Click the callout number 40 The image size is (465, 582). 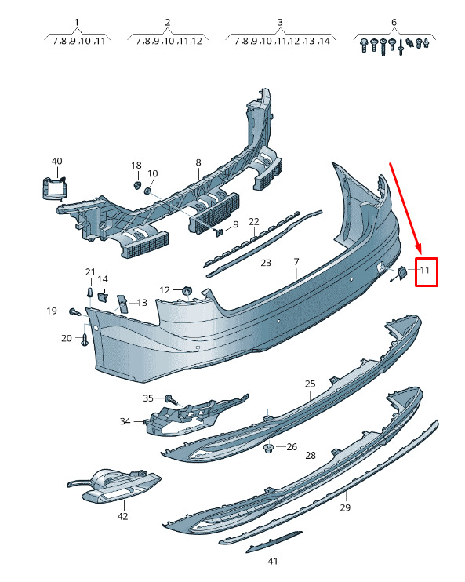click(x=56, y=161)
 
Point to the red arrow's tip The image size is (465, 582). click(x=421, y=253)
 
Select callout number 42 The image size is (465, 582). click(x=122, y=516)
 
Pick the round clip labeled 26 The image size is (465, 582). click(x=267, y=449)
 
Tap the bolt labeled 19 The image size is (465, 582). click(x=75, y=311)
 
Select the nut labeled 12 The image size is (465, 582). click(x=187, y=290)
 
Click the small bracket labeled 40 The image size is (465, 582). click(x=54, y=188)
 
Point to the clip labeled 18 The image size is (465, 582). click(x=136, y=185)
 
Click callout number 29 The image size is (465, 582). click(x=345, y=507)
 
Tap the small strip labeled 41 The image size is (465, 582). click(x=274, y=541)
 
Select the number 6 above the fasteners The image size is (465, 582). click(x=394, y=22)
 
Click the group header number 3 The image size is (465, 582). click(x=280, y=22)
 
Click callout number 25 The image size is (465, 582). click(x=311, y=384)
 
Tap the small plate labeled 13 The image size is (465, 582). click(x=122, y=304)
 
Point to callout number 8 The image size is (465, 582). click(x=198, y=162)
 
